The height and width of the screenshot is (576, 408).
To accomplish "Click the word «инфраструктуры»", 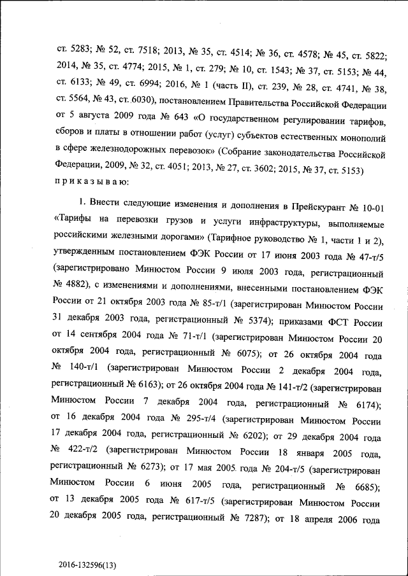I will coord(256,224).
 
